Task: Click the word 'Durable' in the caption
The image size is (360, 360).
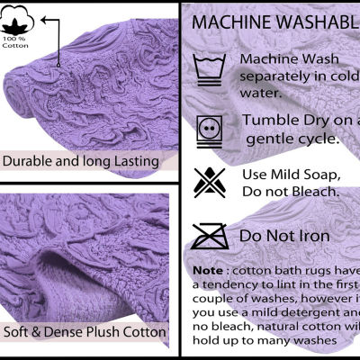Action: (31, 161)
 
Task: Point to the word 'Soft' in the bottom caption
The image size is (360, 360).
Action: (19, 331)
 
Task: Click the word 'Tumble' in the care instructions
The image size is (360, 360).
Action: (269, 121)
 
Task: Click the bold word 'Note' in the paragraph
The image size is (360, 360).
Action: (209, 271)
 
